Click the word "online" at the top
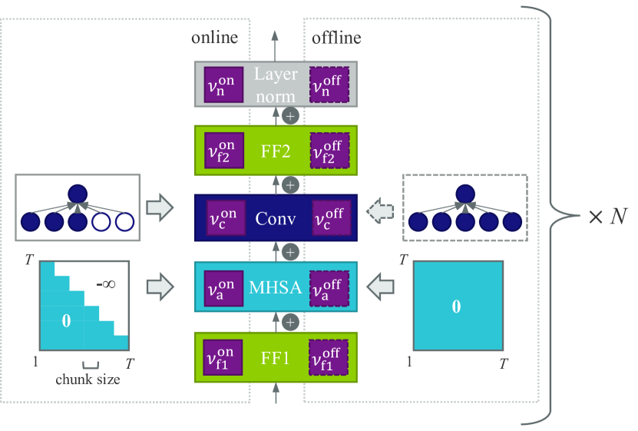214,38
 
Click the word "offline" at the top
336,38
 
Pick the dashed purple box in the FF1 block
329,356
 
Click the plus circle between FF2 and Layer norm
290,115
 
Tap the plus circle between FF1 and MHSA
290,321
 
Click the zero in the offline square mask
456,307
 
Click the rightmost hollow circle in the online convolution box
124,223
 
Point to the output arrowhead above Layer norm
274,35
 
